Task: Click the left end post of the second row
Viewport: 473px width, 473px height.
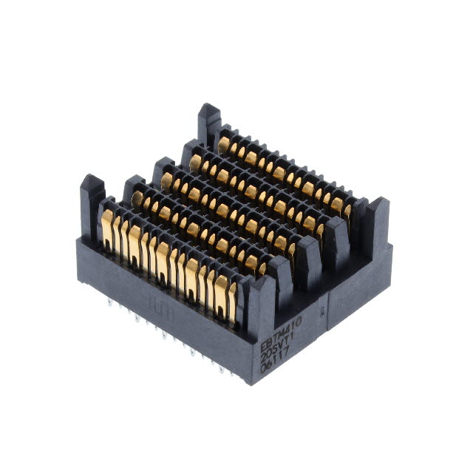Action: click(133, 188)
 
